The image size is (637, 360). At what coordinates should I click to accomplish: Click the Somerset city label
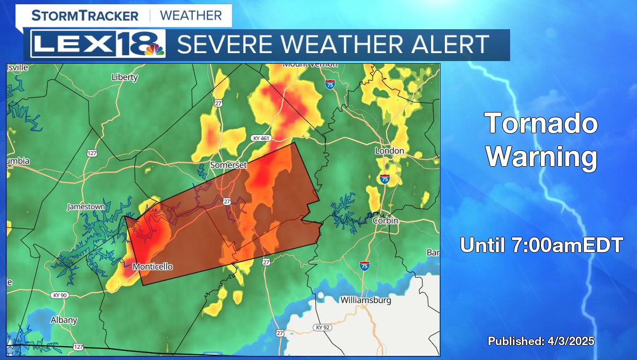tap(228, 165)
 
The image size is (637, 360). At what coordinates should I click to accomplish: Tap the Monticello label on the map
tap(152, 267)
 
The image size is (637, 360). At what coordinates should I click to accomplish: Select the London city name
tap(390, 151)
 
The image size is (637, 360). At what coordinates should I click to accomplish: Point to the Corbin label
tap(385, 220)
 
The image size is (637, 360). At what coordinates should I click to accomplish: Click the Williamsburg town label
tap(365, 300)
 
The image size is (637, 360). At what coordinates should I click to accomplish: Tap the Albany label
tap(64, 320)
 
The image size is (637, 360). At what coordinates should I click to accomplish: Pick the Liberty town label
tap(125, 77)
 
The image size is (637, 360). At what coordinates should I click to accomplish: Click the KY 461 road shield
tap(261, 138)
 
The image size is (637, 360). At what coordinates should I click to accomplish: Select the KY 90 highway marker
tap(59, 295)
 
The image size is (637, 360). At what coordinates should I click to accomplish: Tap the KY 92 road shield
tap(323, 328)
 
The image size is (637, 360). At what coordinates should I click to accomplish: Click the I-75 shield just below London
tap(384, 179)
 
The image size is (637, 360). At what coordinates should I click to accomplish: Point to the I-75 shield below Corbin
tap(364, 265)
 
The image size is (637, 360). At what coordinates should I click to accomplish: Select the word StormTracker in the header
tap(85, 15)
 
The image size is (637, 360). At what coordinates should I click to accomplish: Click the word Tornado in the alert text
tap(541, 124)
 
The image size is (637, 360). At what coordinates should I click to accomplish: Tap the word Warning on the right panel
tap(541, 157)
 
